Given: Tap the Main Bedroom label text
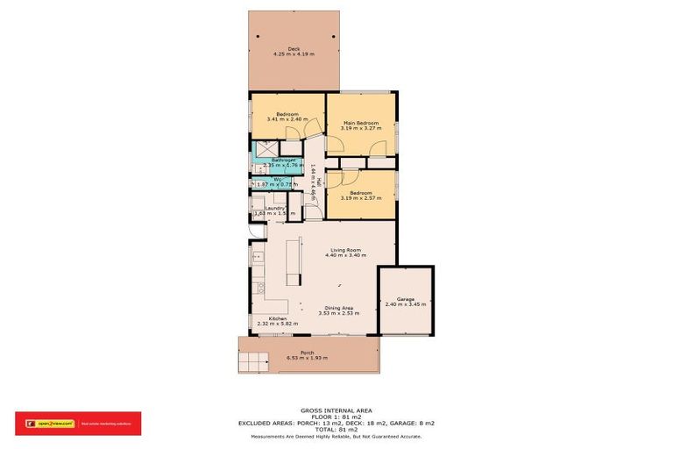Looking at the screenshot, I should click(x=359, y=123).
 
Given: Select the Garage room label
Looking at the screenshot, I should click(x=405, y=299).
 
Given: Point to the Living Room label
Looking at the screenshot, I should click(x=345, y=249).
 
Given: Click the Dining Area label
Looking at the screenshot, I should click(x=338, y=308).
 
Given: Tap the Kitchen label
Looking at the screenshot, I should click(x=277, y=318).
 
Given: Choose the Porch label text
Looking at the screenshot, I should click(x=308, y=352).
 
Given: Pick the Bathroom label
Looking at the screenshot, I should click(x=283, y=160).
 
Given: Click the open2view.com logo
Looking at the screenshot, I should click(x=52, y=423).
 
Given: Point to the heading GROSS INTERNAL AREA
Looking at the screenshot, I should click(x=336, y=410).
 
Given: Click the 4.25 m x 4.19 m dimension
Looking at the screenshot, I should click(x=293, y=54).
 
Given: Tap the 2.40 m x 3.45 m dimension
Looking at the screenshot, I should click(x=405, y=305).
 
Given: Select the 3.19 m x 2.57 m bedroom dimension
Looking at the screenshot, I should click(x=361, y=198).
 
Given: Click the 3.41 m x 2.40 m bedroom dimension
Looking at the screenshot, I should click(x=287, y=120).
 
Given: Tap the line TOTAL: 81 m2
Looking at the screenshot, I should click(x=336, y=430).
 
